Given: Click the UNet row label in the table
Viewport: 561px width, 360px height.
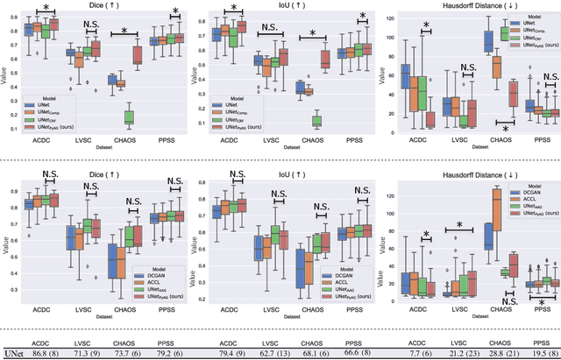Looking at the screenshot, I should click(x=13, y=352).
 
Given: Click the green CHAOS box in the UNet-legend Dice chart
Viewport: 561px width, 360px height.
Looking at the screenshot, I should click(x=130, y=116).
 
